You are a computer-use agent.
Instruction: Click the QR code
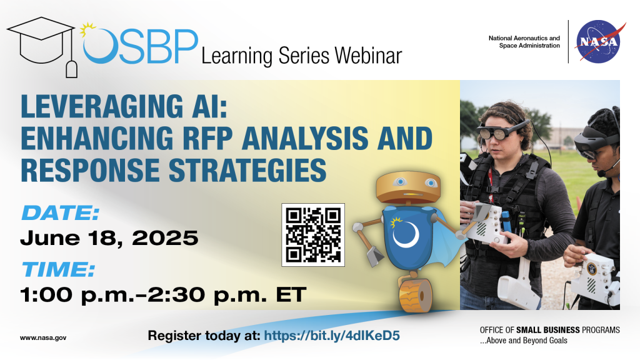tap(313, 234)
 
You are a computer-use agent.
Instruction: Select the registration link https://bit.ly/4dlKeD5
tap(331, 336)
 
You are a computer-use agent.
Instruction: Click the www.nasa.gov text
tap(43, 337)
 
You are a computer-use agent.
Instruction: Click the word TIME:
tap(58, 270)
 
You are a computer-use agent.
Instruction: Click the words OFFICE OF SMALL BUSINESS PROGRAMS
tap(549, 330)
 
